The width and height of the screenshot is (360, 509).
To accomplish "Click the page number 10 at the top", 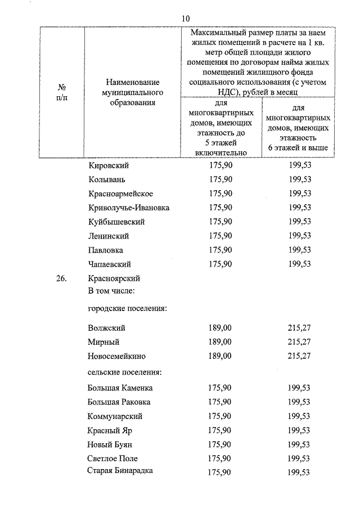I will [x=186, y=19].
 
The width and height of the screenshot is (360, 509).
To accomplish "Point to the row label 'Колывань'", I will [x=106, y=180].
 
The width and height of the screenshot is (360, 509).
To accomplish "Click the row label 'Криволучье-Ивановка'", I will [x=129, y=208].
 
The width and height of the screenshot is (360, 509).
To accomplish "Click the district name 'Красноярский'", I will [x=114, y=278].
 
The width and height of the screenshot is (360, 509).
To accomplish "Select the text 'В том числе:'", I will [x=110, y=291].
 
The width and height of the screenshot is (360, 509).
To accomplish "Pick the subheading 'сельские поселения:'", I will [x=125, y=372].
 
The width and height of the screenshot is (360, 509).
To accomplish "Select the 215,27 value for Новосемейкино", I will [x=299, y=356].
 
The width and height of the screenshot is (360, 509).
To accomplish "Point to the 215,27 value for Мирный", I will [x=299, y=342].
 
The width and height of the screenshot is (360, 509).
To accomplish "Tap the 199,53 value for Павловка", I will [x=299, y=250].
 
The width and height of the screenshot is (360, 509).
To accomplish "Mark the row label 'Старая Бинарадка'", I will [x=120, y=471].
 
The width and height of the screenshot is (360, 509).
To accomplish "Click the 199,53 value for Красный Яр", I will [x=299, y=430].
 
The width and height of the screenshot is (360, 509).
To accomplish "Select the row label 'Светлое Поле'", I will [x=112, y=458].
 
